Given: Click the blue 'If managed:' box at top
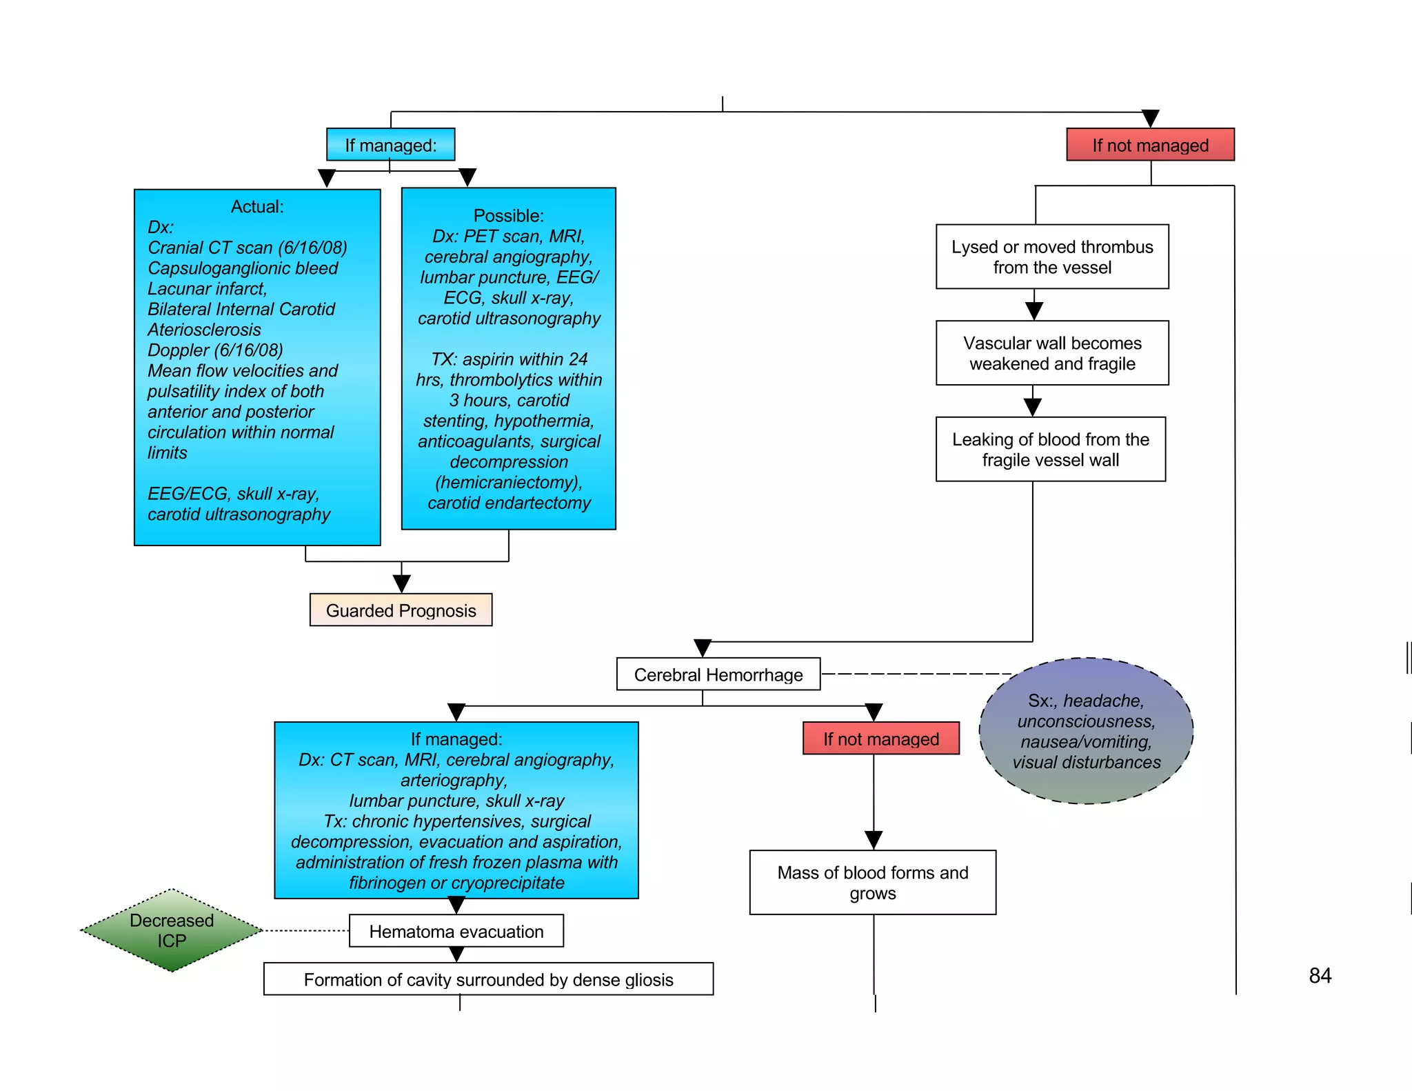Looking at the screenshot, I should [390, 145].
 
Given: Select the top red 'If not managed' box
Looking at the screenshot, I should [1150, 145].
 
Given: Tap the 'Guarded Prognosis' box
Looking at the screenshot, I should [401, 610].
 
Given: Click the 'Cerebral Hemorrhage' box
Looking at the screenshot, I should [718, 674].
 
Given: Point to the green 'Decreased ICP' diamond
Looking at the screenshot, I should [172, 930].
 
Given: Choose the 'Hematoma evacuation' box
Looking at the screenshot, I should [456, 932].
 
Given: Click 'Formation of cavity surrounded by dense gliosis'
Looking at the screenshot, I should [488, 979].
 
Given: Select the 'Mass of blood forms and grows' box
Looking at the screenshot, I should [872, 883].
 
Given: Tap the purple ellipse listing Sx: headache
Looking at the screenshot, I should [1086, 731].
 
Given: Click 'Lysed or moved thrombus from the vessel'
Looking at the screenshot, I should [1051, 257].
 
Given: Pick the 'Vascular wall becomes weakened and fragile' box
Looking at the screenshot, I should [1051, 353].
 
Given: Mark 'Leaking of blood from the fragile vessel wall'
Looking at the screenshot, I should [1050, 450].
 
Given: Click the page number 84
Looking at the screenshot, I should [1320, 975].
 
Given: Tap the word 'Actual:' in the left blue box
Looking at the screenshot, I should [257, 206].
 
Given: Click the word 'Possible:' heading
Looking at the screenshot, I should [508, 215].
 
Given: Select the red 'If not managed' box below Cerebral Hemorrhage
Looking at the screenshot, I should [880, 739].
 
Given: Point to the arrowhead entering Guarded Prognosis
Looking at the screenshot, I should [401, 583].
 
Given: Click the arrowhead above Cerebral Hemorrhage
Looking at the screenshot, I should [702, 648].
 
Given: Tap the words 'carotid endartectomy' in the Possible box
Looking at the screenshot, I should [509, 503].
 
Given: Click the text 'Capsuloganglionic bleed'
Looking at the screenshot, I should [243, 268].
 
